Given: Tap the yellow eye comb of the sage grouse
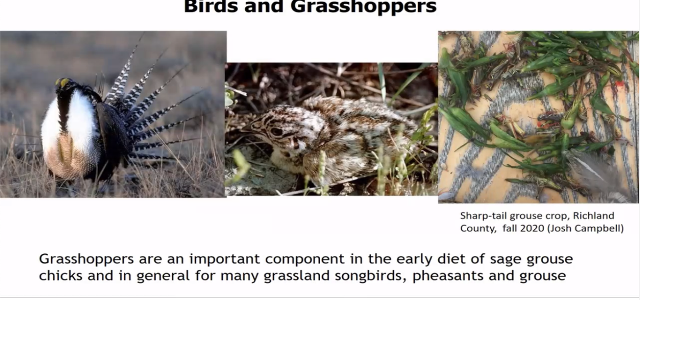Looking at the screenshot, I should (64, 83).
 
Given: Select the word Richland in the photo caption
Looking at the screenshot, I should (593, 216).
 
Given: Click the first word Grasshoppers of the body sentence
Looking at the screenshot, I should (86, 259).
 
